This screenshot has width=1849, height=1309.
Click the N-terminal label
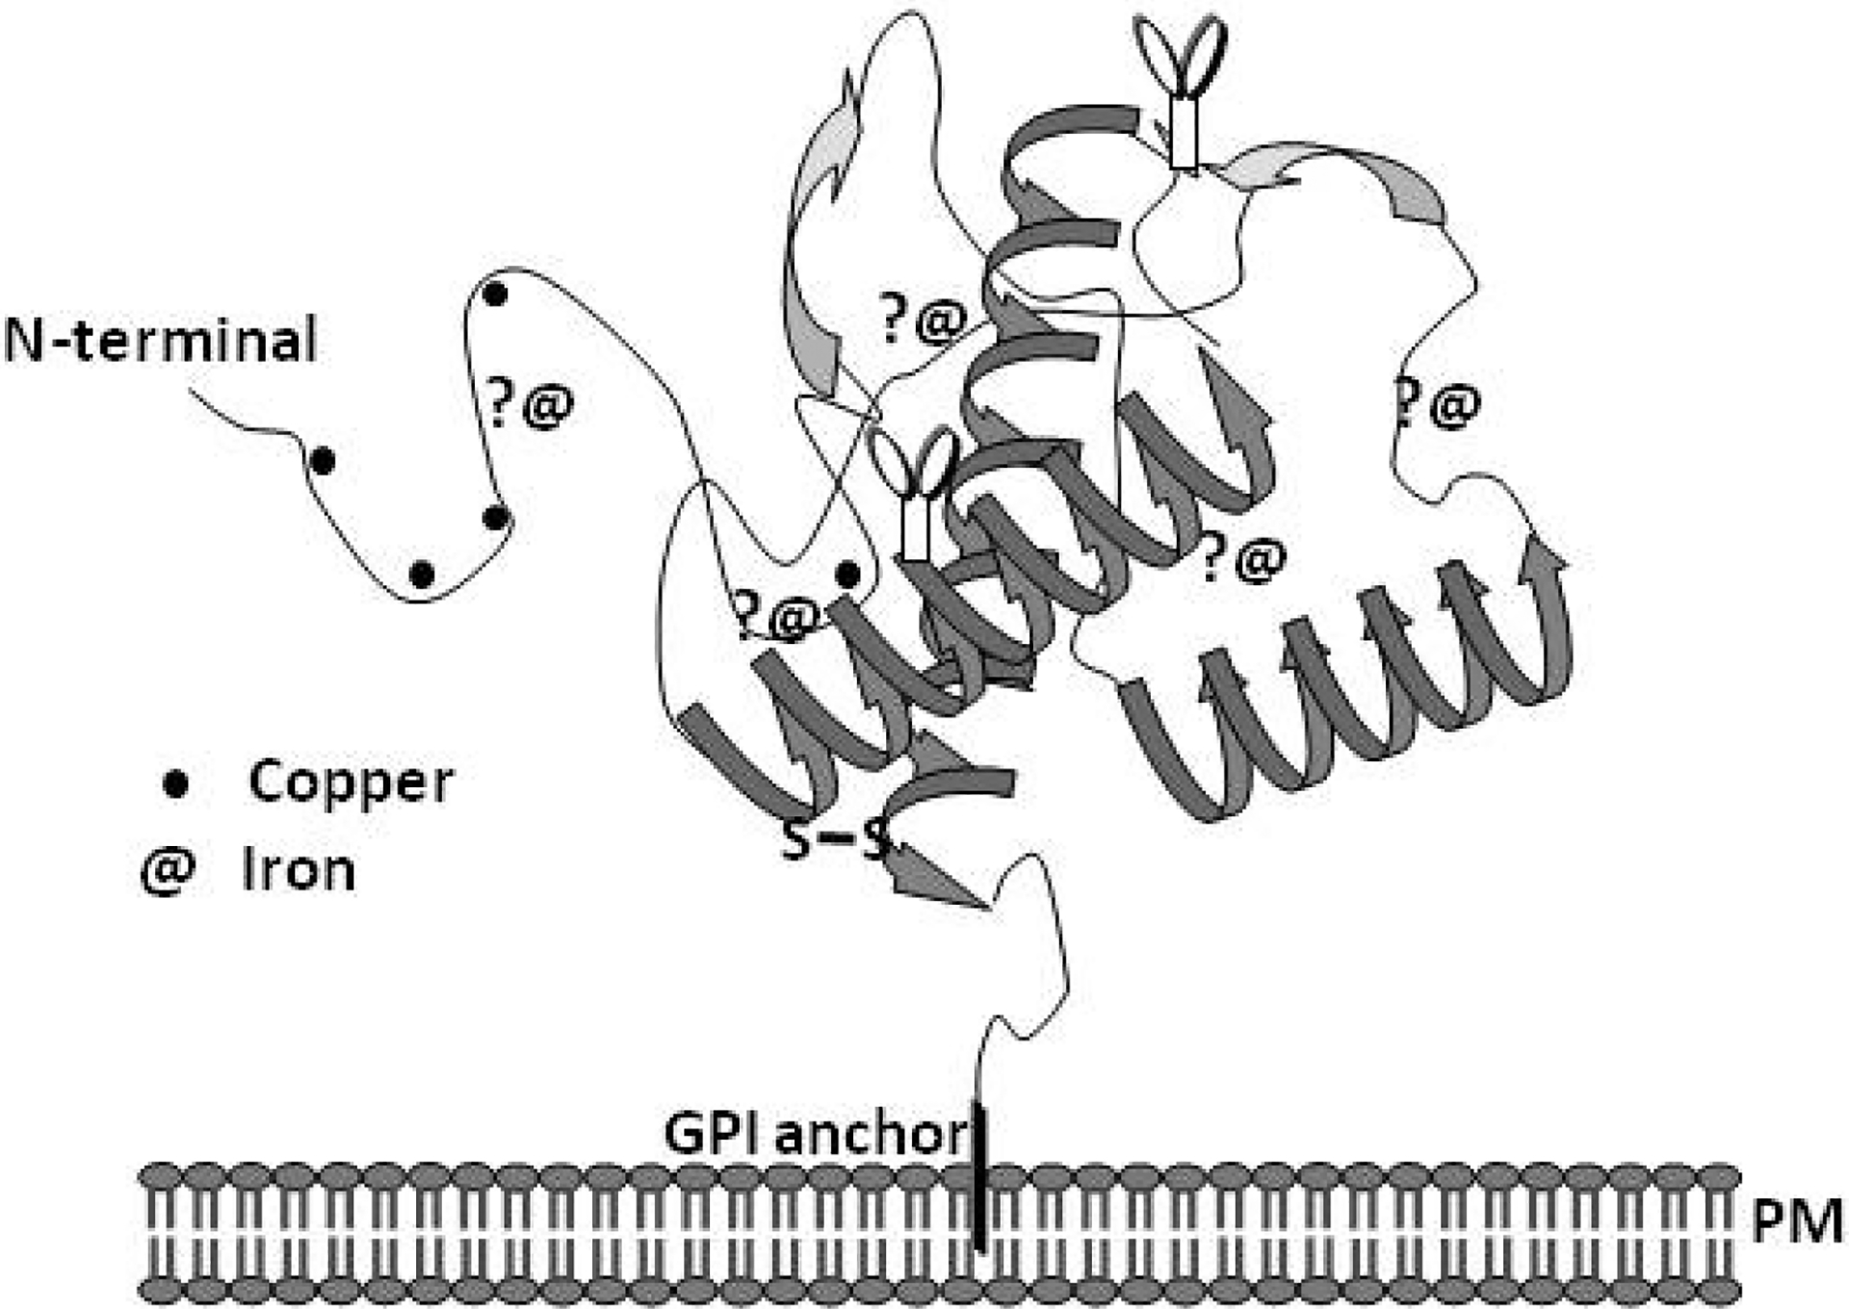point(160,340)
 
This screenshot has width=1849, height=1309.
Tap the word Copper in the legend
point(350,782)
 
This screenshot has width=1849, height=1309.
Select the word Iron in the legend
point(299,871)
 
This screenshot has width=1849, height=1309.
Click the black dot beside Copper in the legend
point(175,783)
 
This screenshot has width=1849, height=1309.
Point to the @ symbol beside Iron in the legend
point(168,872)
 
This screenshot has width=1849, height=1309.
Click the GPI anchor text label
point(815,1134)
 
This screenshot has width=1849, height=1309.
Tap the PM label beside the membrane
point(1796,1222)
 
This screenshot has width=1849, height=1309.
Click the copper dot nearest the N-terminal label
point(323,461)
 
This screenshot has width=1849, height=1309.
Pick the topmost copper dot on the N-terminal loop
point(494,294)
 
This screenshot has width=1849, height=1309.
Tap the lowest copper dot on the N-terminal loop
point(422,575)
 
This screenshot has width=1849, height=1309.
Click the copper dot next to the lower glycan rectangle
point(847,575)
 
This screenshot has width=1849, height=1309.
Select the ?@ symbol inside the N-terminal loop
point(529,404)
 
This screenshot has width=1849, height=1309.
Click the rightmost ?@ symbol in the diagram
point(1436,404)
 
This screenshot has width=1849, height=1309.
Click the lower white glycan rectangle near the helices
point(914,528)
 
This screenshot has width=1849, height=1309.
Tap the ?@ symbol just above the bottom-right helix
point(1243,559)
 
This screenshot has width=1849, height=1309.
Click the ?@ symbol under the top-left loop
point(923,320)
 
